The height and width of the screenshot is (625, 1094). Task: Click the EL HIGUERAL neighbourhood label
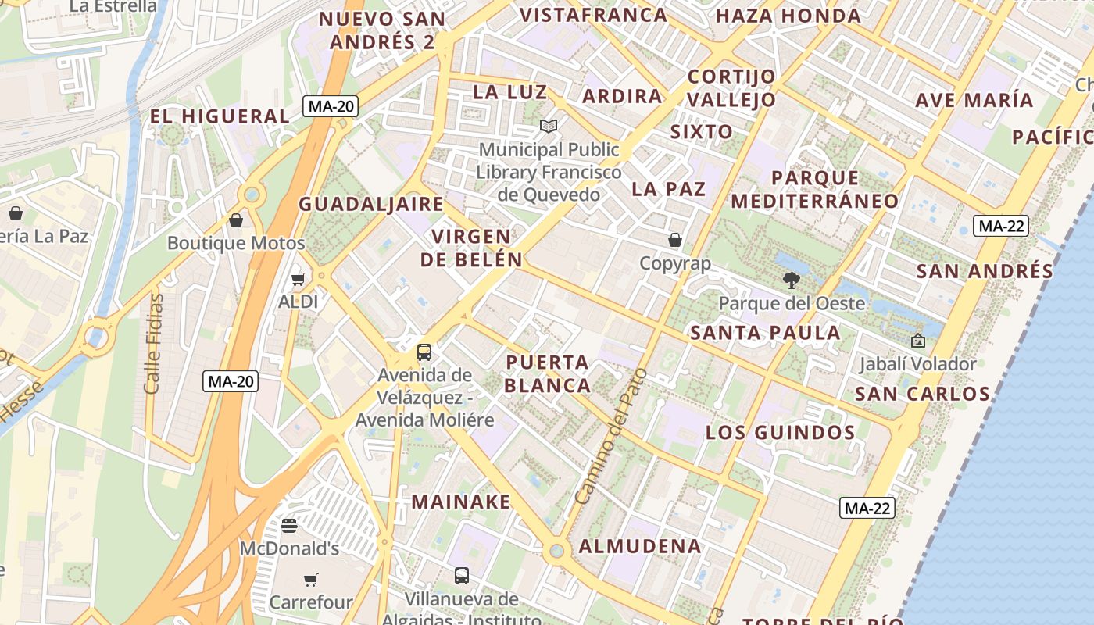[220, 116]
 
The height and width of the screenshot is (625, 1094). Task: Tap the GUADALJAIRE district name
[371, 205]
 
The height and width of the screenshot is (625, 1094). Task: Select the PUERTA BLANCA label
[548, 373]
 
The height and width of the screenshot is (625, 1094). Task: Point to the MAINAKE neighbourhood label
[461, 502]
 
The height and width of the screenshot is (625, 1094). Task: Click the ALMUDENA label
[640, 546]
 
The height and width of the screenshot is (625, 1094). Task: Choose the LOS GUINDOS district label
[781, 433]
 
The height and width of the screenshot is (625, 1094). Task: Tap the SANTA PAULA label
[765, 333]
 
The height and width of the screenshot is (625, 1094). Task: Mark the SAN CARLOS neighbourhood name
[923, 393]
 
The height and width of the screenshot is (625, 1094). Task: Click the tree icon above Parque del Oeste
[792, 280]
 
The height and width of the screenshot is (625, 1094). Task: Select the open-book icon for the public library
[549, 126]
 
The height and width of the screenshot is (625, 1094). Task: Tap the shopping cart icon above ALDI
[298, 279]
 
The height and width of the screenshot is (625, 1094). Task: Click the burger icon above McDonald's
[289, 526]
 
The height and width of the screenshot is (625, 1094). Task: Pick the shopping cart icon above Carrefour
[311, 580]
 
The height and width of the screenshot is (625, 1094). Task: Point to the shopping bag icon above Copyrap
[675, 240]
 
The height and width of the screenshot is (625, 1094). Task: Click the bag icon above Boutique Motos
[236, 220]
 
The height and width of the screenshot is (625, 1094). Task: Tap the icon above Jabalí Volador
[917, 341]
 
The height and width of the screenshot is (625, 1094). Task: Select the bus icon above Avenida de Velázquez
[424, 352]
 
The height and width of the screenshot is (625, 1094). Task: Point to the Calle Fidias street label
[154, 344]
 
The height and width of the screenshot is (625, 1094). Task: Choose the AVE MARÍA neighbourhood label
[974, 100]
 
